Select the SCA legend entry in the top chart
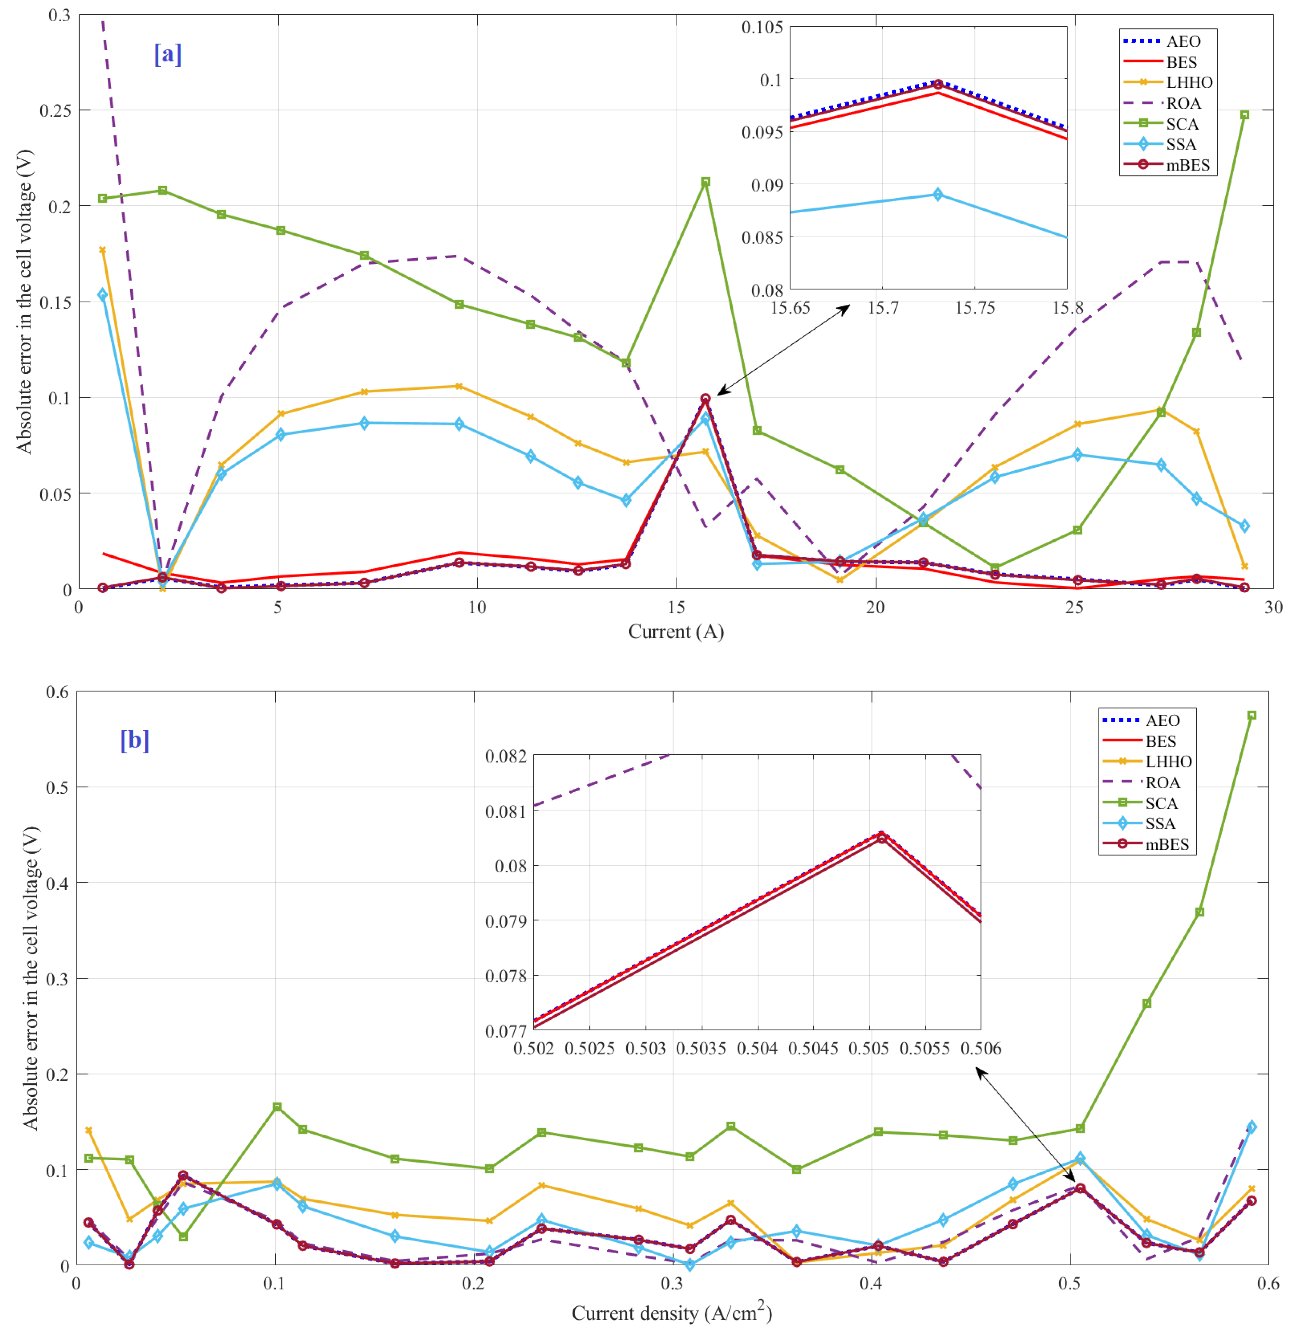point(1182,124)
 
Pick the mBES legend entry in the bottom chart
point(1167,844)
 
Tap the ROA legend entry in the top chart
point(1183,103)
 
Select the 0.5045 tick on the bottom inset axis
point(813,1048)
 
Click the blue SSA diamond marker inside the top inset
point(937,195)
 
